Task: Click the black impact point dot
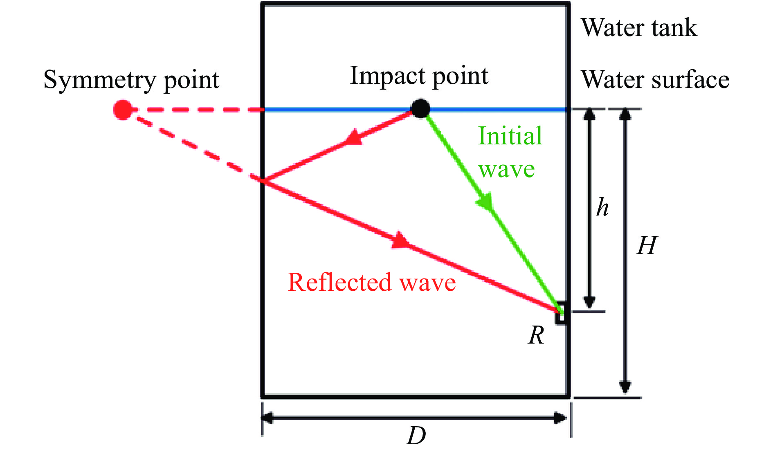tap(420, 109)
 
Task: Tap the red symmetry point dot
tap(123, 110)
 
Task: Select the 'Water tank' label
tap(639, 28)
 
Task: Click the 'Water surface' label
tap(655, 79)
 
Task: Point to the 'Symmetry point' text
tap(131, 80)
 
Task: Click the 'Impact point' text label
tap(419, 76)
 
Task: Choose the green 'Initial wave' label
tap(510, 152)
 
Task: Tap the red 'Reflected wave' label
tap(372, 282)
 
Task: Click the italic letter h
tap(602, 207)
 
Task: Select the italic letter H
tap(647, 246)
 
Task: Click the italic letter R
tap(536, 335)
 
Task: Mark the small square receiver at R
tap(561, 313)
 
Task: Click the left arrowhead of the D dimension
tap(268, 418)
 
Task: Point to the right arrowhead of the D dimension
tap(560, 418)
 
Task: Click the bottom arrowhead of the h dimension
tap(589, 302)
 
